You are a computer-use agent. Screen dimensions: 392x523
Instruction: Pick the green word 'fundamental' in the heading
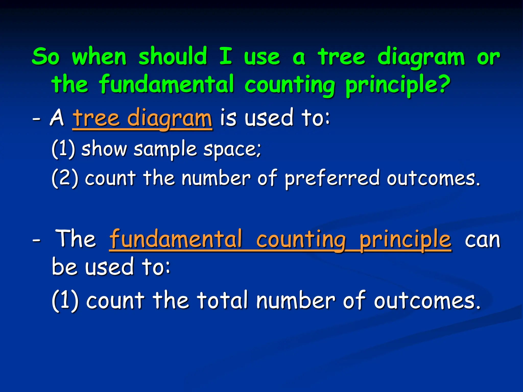tap(167, 84)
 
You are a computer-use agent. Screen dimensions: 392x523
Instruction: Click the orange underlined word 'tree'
tap(96, 118)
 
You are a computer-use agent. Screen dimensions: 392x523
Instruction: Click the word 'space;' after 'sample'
tap(233, 150)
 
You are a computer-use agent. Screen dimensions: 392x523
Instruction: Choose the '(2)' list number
tap(65, 178)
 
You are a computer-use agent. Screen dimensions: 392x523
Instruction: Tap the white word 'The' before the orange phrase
tap(76, 239)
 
